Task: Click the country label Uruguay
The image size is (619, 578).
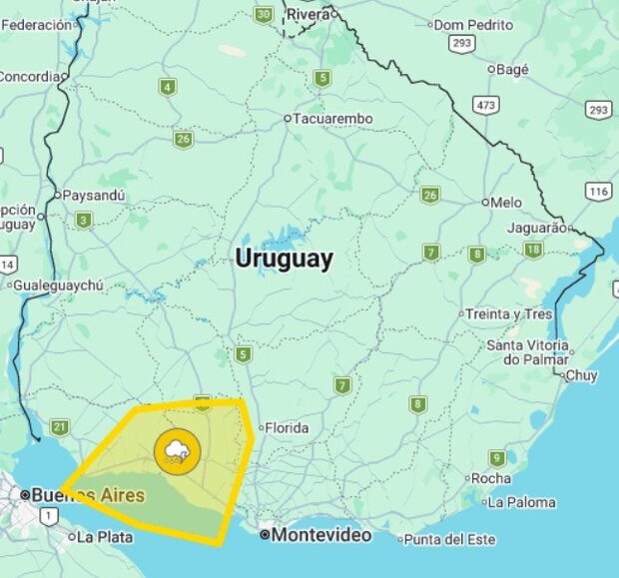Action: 284,259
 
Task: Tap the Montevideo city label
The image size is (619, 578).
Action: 321,535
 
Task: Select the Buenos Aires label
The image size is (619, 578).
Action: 87,494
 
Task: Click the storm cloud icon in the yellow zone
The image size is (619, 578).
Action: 178,451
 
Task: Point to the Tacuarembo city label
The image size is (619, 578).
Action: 333,119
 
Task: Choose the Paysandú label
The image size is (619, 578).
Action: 93,196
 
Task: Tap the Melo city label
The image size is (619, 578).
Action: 506,202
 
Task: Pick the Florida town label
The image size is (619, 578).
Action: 287,428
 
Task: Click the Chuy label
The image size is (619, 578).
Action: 581,376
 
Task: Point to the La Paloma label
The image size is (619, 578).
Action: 521,502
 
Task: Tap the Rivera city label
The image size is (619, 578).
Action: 309,15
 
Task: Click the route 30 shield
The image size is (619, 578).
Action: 264,15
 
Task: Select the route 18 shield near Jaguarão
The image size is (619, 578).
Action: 534,250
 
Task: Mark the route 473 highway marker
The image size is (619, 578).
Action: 486,105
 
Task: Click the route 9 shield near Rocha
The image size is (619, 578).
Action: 497,458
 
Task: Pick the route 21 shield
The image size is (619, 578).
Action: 60,427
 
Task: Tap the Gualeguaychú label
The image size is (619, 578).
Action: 60,285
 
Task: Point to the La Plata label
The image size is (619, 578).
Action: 104,537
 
